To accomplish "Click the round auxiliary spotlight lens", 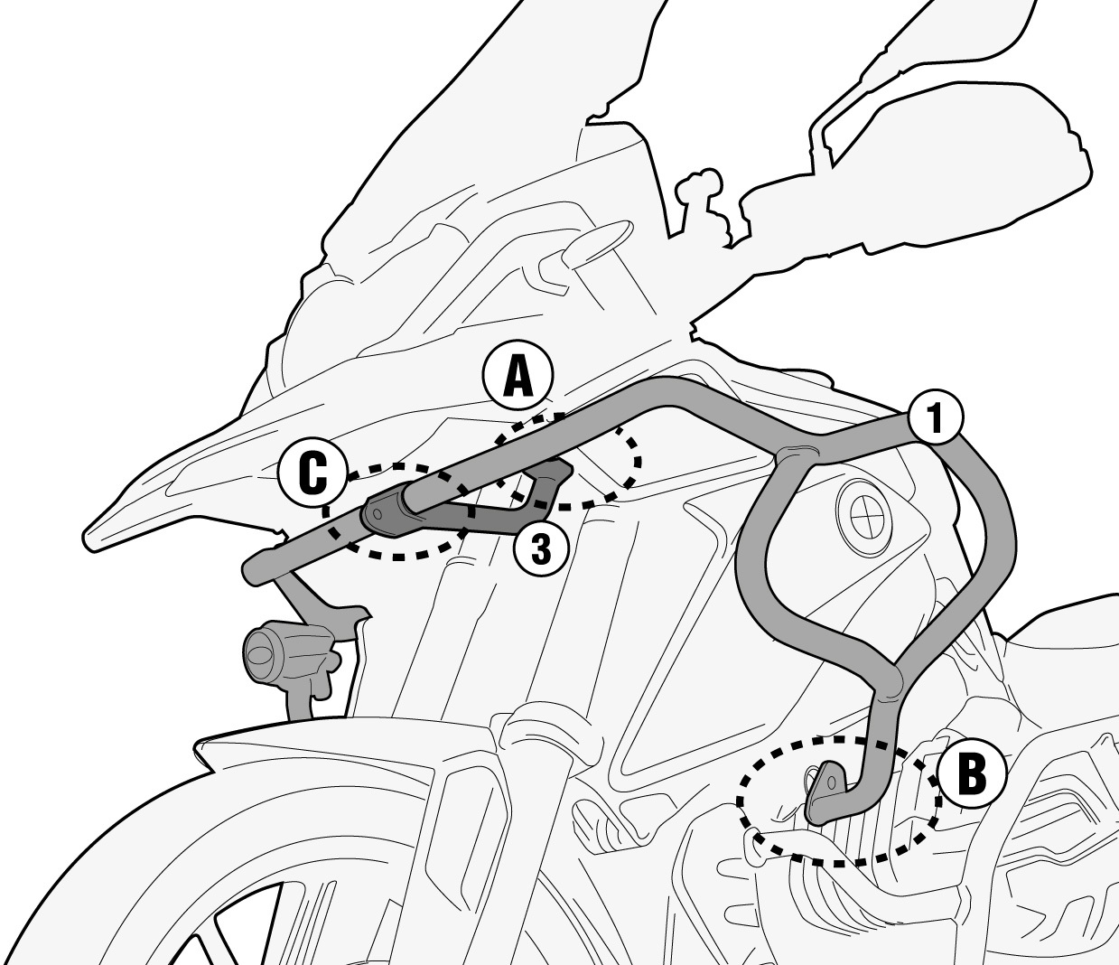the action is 259,652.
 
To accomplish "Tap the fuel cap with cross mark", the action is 864,511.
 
